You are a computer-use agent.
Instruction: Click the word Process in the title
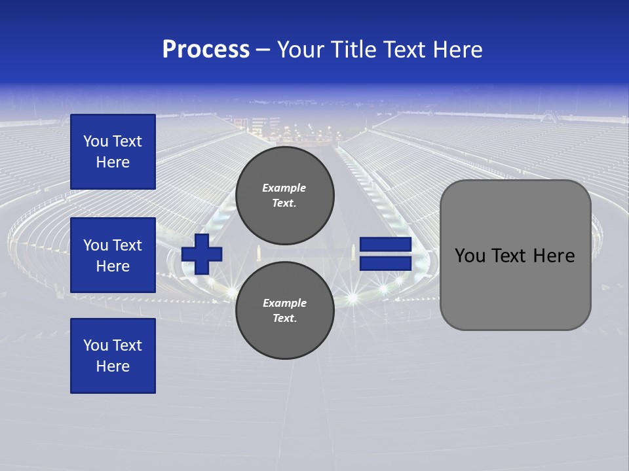click(x=206, y=50)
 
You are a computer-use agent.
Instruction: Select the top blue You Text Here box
click(x=113, y=152)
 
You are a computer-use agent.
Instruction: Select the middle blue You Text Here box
click(x=113, y=255)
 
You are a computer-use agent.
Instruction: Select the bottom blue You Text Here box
click(x=113, y=356)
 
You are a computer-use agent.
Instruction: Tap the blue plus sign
click(x=202, y=254)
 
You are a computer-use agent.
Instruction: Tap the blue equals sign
click(x=385, y=254)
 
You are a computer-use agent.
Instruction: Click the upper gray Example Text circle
click(x=285, y=196)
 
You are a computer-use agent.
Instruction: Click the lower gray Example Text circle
click(x=285, y=311)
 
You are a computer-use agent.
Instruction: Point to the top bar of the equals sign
click(x=385, y=245)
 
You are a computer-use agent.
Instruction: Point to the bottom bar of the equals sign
click(x=385, y=264)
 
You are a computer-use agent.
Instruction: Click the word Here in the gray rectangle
click(x=554, y=256)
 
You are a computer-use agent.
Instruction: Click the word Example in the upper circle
click(x=284, y=188)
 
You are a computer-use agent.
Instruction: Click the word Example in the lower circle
click(x=284, y=303)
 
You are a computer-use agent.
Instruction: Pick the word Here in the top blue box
click(x=113, y=162)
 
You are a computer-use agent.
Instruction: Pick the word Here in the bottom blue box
click(x=113, y=366)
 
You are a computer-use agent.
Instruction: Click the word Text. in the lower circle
click(x=284, y=319)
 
